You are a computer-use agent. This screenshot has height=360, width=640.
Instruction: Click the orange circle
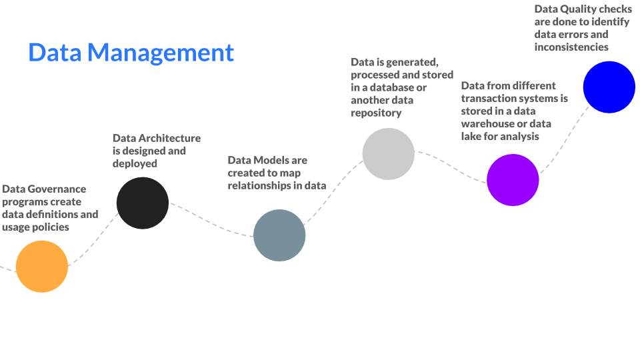click(41, 267)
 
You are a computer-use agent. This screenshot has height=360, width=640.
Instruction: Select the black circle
click(143, 203)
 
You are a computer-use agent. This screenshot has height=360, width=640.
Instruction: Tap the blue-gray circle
click(279, 235)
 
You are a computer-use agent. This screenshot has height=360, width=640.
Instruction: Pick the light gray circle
click(388, 154)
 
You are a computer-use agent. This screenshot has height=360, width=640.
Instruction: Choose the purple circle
click(513, 180)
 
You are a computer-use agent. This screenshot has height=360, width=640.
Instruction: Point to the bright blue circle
click(609, 87)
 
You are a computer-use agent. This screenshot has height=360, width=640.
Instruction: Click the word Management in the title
click(161, 53)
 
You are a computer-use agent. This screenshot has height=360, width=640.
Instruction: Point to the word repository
click(376, 113)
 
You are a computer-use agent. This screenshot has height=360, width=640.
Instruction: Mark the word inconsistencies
click(571, 47)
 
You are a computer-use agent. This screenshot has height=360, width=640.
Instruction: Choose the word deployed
click(135, 164)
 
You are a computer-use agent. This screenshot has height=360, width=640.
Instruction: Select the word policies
click(51, 227)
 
